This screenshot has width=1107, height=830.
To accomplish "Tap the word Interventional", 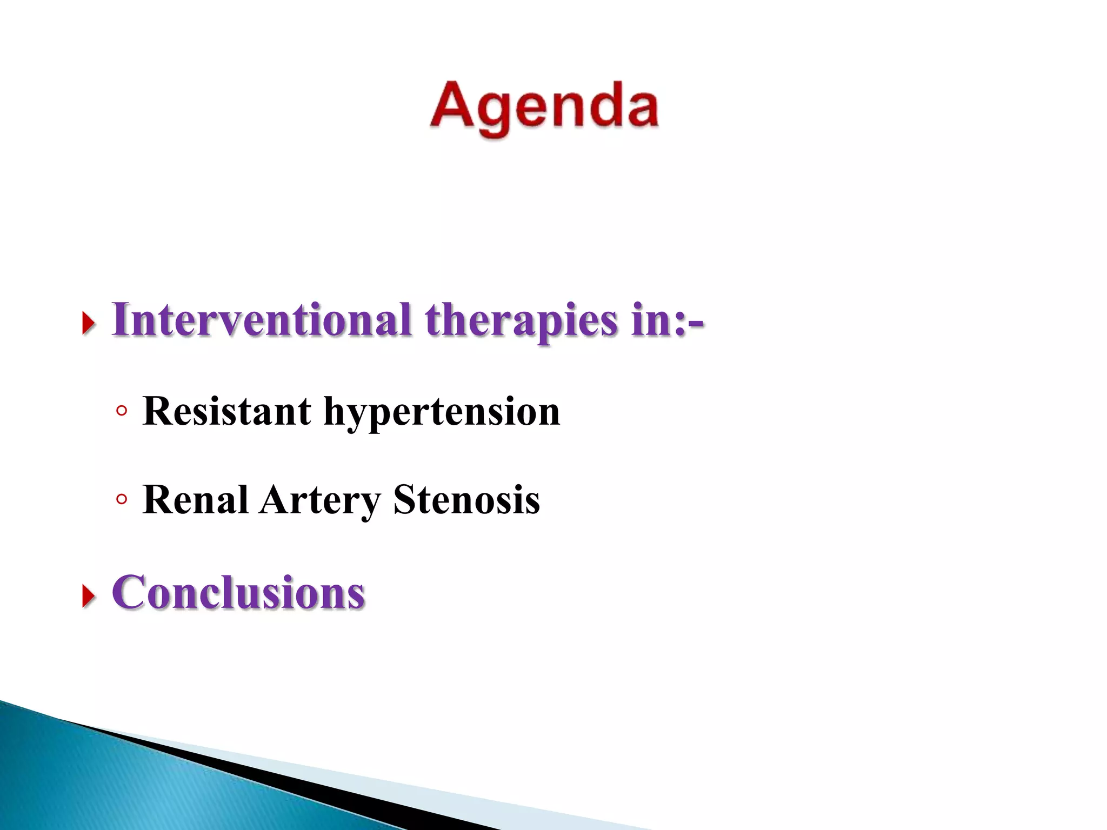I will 262,320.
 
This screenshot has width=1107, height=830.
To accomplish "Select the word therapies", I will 521,321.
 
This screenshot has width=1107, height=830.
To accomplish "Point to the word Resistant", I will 227,412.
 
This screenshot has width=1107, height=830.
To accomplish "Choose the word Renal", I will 195,500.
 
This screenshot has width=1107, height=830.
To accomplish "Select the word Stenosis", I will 466,500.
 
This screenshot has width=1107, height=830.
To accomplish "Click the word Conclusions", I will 238,593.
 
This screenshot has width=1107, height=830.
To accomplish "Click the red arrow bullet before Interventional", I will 88,324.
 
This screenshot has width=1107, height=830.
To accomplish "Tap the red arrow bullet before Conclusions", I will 88,597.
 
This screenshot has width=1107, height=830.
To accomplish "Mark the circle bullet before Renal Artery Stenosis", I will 122,500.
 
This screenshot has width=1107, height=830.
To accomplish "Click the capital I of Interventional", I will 120,320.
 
